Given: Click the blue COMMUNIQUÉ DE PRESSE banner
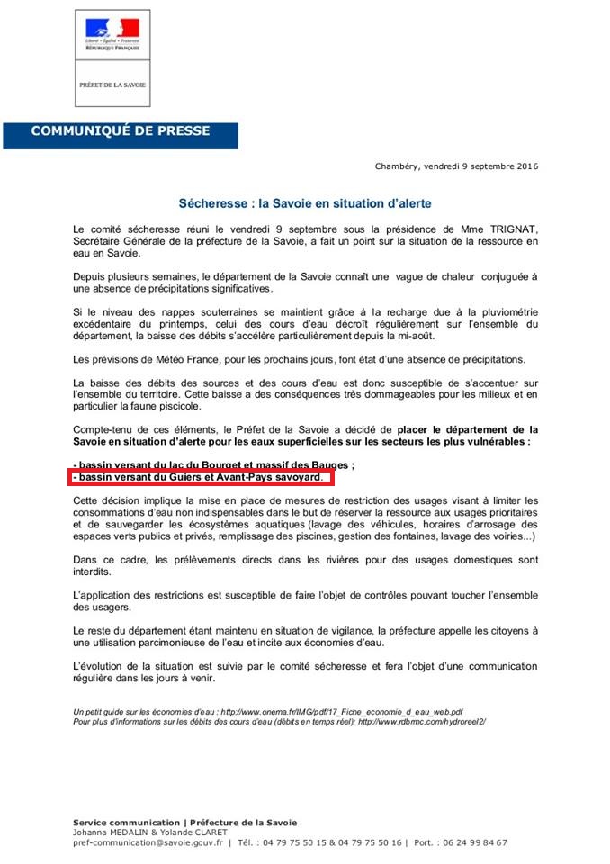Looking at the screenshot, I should tap(121, 131).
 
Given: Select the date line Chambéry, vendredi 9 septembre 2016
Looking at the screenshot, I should tap(456, 166).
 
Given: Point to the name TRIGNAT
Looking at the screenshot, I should tap(516, 229).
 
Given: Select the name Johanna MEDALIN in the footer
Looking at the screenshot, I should tap(109, 832).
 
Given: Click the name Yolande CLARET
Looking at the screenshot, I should tap(200, 832).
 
